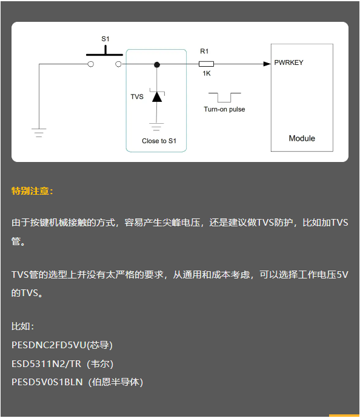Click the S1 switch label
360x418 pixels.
pos(105,39)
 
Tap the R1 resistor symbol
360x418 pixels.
pos(206,64)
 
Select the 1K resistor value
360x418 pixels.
pos(206,73)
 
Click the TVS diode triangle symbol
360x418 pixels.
pos(157,96)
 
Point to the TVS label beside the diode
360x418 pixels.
pos(137,96)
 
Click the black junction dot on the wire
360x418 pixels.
pos(157,64)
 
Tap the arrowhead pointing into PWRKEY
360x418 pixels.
pos(267,64)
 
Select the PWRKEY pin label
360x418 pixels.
pos(288,62)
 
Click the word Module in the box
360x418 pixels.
pos(302,138)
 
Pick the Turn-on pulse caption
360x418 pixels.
pos(224,109)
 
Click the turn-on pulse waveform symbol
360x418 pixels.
pos(225,98)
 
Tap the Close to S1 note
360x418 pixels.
pos(159,141)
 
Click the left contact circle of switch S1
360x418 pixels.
pos(91,64)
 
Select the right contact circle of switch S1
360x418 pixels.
pos(118,64)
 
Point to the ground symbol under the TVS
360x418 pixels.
pos(156,127)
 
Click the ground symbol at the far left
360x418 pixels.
pos(39,133)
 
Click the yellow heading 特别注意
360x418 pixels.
pos(32,191)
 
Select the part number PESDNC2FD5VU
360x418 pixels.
pos(49,345)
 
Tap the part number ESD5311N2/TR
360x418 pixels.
pos(46,363)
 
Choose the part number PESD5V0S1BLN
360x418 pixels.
pos(47,382)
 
